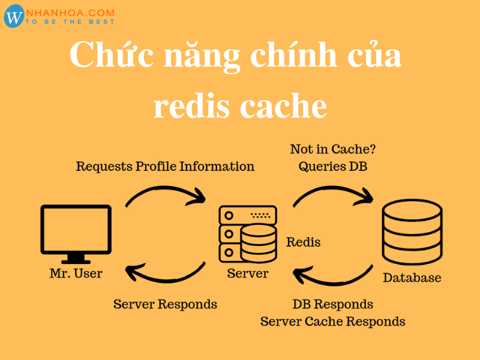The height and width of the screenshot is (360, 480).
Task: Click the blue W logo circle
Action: [14, 17]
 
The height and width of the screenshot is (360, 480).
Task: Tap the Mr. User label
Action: [76, 274]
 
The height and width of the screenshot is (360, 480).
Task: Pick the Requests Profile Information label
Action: [165, 166]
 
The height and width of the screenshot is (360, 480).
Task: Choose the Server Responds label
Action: [165, 304]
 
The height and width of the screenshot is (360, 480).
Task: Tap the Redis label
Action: [303, 242]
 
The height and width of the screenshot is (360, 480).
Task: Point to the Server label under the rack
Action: [248, 274]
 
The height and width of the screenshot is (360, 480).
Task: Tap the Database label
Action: [412, 278]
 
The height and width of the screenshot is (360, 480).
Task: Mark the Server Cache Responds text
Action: [332, 321]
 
